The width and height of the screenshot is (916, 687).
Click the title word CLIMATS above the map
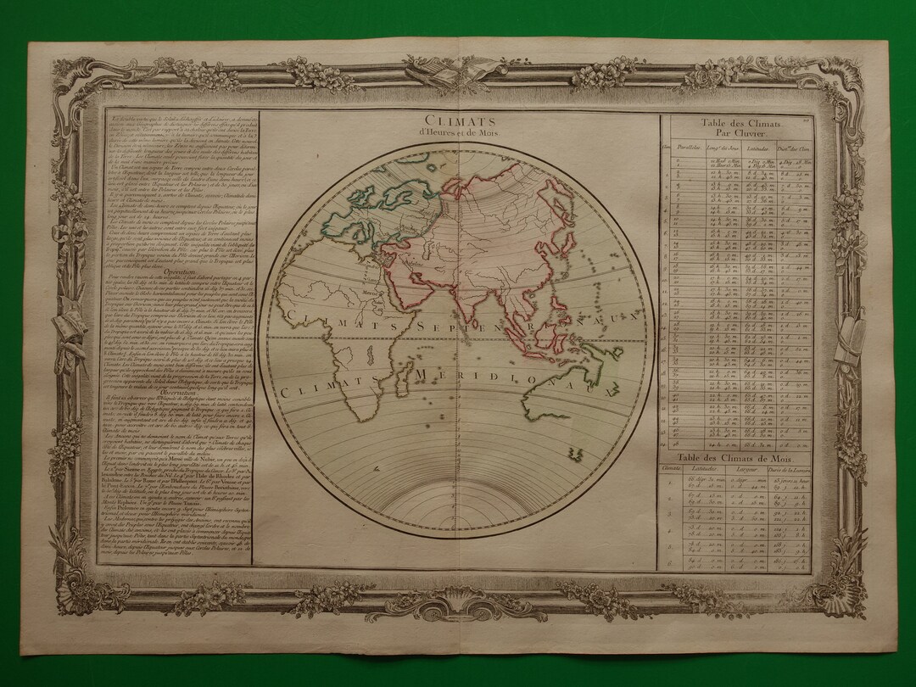[x=459, y=120]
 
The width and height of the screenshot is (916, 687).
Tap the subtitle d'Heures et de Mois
[x=459, y=133]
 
